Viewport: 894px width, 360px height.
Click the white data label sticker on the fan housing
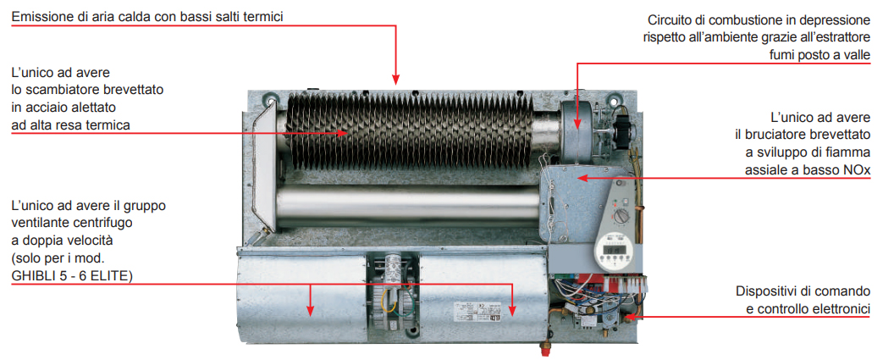click(477, 312)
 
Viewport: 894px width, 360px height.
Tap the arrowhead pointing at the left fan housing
click(310, 310)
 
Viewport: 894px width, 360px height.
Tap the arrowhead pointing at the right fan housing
click(513, 310)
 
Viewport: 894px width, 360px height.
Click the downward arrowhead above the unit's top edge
click(396, 80)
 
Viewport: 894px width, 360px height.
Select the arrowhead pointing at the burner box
click(581, 179)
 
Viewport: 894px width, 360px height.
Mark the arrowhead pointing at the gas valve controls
click(630, 315)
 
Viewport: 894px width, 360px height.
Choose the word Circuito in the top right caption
click(669, 21)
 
